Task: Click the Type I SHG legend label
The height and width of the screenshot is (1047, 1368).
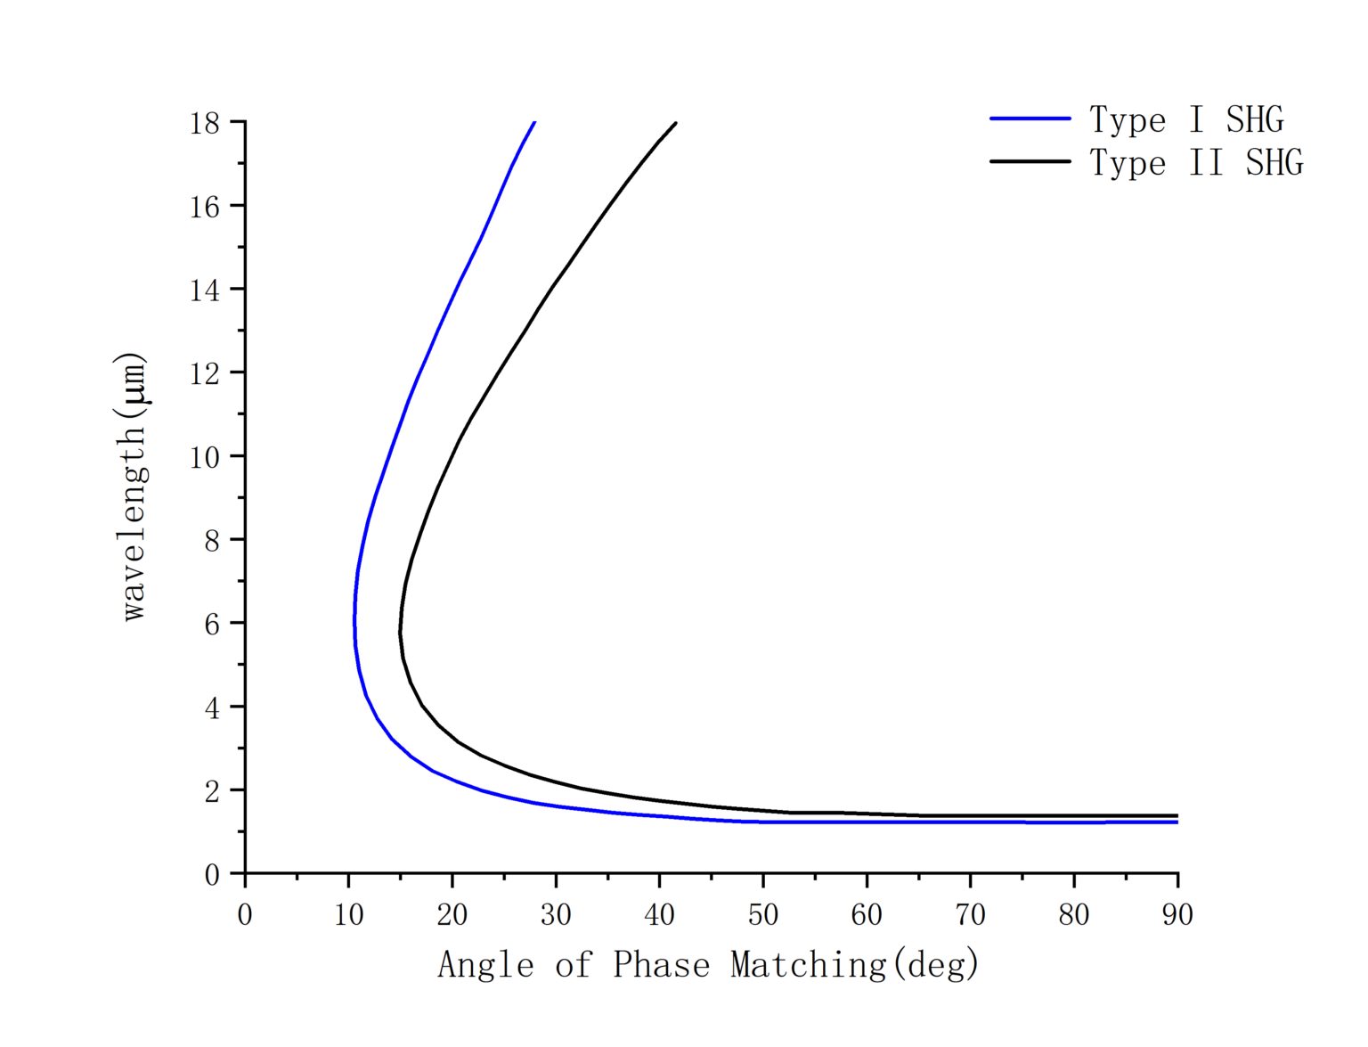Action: click(1186, 119)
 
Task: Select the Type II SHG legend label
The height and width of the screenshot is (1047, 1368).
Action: click(1196, 162)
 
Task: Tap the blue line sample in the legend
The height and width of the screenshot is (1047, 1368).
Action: click(1030, 119)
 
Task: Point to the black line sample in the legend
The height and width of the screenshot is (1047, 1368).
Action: click(1030, 161)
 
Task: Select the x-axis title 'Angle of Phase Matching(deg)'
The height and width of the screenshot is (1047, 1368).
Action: click(708, 965)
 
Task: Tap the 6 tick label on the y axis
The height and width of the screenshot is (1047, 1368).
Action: click(211, 624)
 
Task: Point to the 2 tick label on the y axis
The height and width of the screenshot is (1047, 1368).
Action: click(211, 791)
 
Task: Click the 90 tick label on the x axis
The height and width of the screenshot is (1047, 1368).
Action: click(1177, 914)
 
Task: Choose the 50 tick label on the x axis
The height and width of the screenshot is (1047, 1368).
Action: click(763, 914)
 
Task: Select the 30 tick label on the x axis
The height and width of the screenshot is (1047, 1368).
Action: click(556, 914)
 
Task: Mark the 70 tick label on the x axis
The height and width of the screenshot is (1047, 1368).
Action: click(970, 914)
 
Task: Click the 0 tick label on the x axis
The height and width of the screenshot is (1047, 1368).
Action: click(245, 914)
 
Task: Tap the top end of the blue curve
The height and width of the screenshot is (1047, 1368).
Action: click(534, 122)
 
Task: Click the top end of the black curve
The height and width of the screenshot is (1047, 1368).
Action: click(676, 123)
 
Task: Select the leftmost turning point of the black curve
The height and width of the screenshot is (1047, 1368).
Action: click(400, 632)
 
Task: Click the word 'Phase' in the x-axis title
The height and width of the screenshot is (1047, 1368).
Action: click(661, 965)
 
